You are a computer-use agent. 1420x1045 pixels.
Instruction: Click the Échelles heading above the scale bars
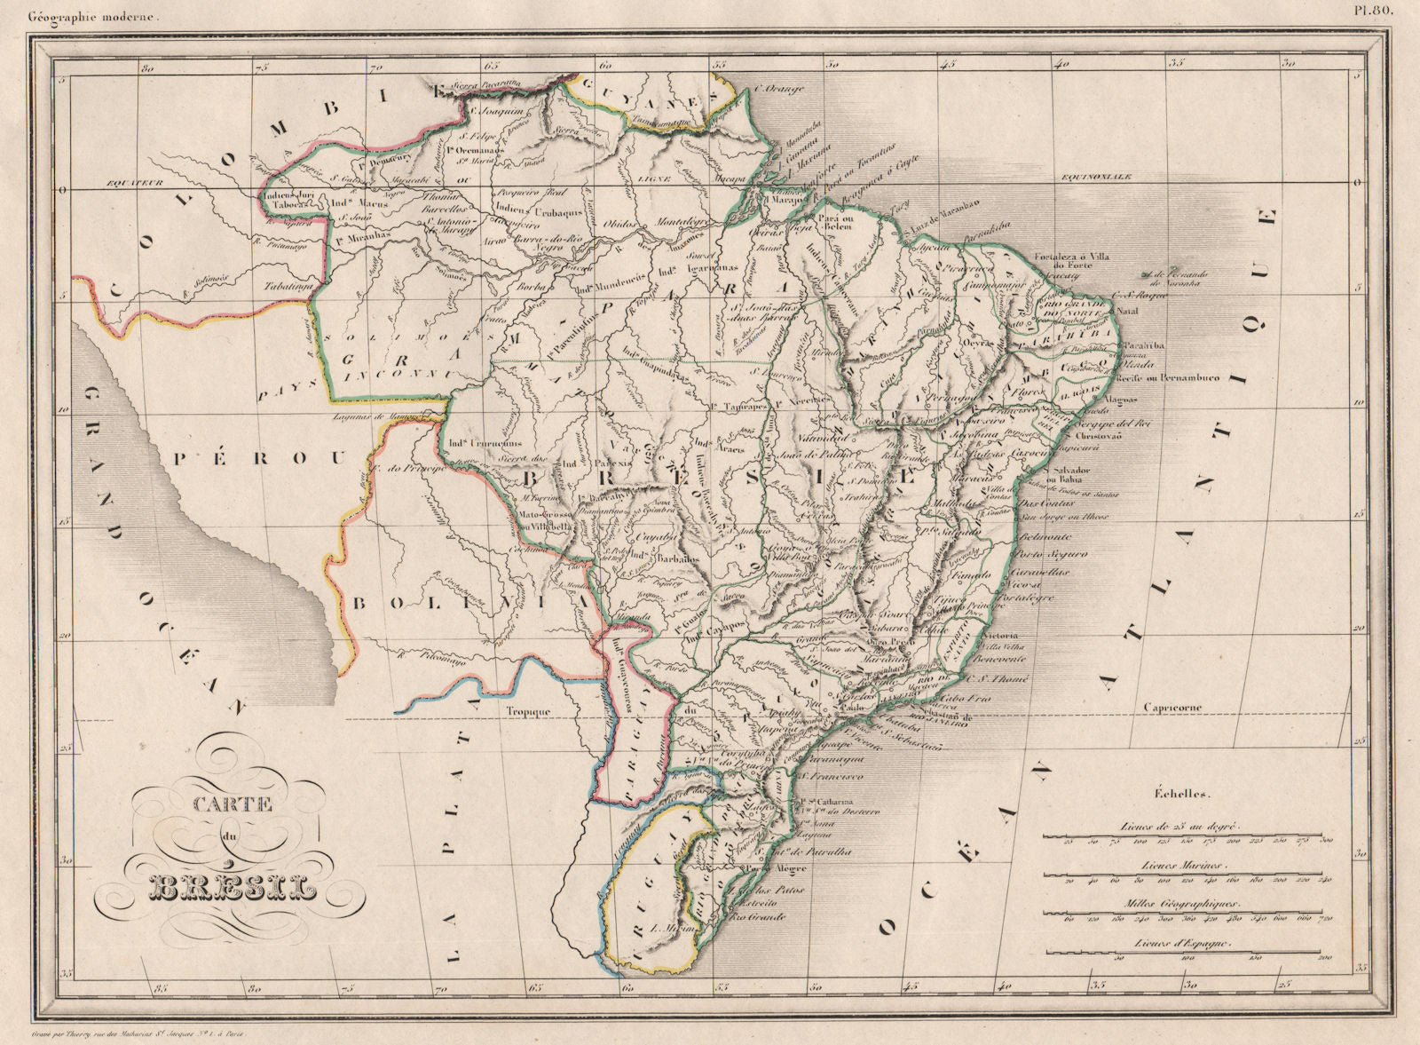point(1181,796)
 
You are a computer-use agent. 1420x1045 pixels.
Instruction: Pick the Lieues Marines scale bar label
point(1181,864)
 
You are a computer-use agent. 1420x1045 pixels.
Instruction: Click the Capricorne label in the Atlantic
point(1168,708)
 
